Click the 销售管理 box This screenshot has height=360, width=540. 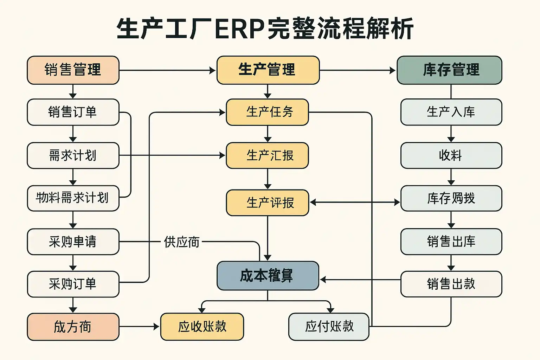73,70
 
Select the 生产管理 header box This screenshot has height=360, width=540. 268,70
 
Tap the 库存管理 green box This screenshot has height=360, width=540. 449,70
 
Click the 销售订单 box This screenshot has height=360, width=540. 73,112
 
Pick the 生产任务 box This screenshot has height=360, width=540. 267,112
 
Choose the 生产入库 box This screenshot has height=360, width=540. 451,112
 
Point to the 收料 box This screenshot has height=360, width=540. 451,155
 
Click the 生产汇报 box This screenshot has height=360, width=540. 267,155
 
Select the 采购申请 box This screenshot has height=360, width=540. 73,242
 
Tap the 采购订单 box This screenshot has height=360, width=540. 73,284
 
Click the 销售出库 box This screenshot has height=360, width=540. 451,242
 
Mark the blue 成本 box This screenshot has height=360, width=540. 268,276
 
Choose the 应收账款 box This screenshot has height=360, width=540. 202,327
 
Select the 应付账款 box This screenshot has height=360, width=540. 329,327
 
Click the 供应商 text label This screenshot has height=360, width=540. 181,242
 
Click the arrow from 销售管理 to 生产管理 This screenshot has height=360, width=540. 167,70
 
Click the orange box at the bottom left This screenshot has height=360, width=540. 73,327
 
